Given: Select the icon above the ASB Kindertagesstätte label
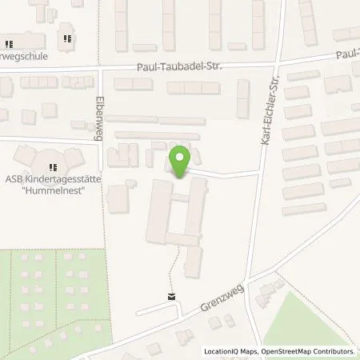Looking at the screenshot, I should tap(52, 166).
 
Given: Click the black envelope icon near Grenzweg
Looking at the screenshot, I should tap(170, 296).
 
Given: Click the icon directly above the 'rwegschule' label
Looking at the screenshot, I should tap(10, 44).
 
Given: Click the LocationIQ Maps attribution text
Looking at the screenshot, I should tap(231, 351).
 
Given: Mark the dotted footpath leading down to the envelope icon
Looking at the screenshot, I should tap(170, 276).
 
